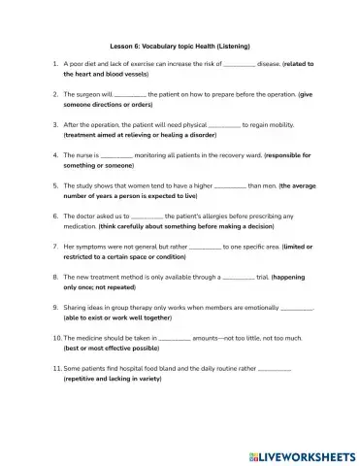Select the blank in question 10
click(174, 338)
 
